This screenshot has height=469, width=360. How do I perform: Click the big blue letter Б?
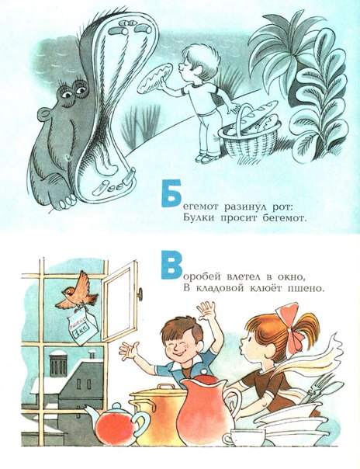(x=171, y=193)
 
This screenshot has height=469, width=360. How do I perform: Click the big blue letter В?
(x=171, y=265)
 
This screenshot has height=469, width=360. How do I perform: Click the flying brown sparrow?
(x=78, y=291)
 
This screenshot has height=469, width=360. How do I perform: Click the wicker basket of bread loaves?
(x=250, y=133)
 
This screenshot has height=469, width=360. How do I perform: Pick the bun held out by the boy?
(x=154, y=78)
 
